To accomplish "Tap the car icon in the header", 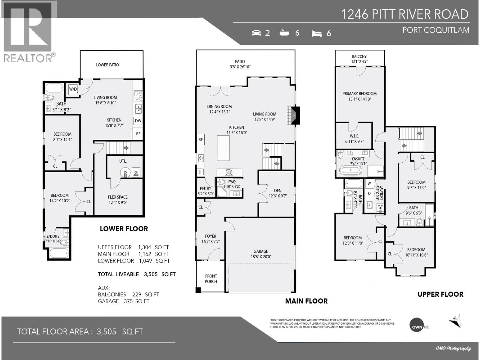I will click(256, 33).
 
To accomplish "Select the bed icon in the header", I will click(316, 34).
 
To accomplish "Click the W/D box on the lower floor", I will click(73, 89).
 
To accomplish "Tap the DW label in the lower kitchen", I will click(138, 121).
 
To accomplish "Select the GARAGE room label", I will click(260, 251).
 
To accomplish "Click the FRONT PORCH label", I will click(211, 279).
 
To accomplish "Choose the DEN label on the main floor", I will click(277, 190).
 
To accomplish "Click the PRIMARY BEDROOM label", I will click(359, 94).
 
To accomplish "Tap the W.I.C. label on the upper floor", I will click(354, 136).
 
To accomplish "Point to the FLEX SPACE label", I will click(118, 197).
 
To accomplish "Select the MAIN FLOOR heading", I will click(306, 301).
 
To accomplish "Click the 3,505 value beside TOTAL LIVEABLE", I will click(151, 274).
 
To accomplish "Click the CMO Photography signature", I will click(453, 348).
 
